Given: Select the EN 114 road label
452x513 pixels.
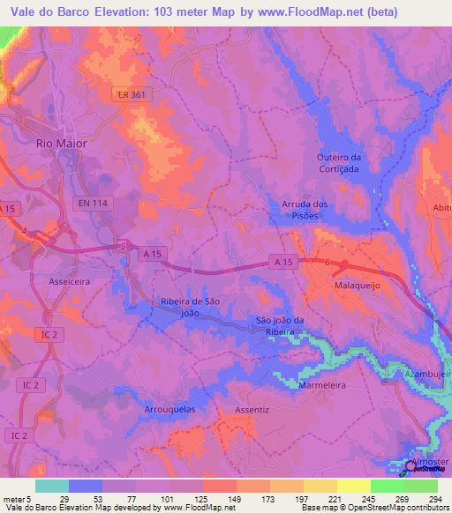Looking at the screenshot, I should pyautogui.click(x=94, y=203).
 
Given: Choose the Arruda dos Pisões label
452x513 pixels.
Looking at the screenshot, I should pyautogui.click(x=305, y=210).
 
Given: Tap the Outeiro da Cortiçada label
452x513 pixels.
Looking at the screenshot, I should pyautogui.click(x=340, y=163).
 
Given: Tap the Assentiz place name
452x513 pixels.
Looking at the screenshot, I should pyautogui.click(x=252, y=410).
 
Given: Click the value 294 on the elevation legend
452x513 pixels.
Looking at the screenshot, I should pyautogui.click(x=434, y=499).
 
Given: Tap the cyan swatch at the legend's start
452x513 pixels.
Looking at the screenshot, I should pyautogui.click(x=52, y=486).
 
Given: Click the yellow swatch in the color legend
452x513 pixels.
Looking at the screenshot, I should pyautogui.click(x=354, y=486).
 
